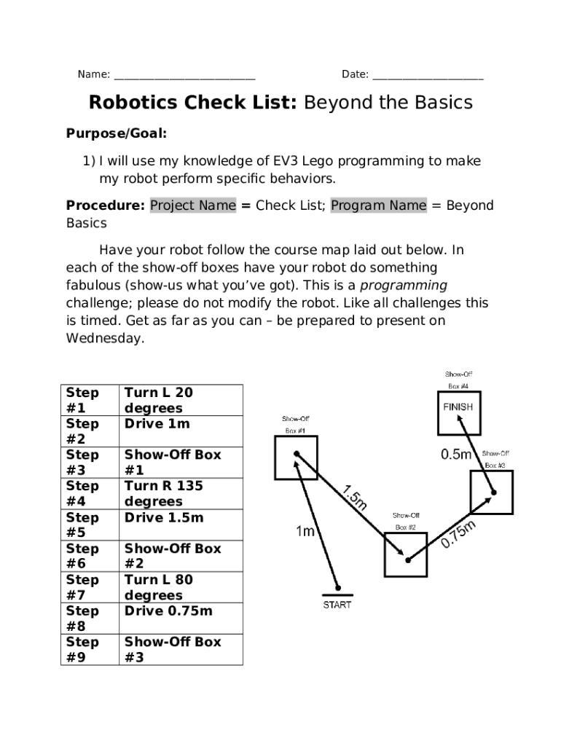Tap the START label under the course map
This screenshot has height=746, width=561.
pyautogui.click(x=337, y=605)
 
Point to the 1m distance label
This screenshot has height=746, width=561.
pyautogui.click(x=305, y=532)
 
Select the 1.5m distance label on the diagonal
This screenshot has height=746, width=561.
pyautogui.click(x=355, y=497)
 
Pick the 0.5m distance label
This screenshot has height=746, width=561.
pyautogui.click(x=457, y=455)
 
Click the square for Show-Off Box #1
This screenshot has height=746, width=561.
pyautogui.click(x=296, y=459)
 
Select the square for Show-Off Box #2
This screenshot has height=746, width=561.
pyautogui.click(x=406, y=555)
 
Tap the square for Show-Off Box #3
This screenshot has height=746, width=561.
pyautogui.click(x=491, y=492)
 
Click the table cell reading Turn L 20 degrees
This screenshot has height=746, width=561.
pyautogui.click(x=180, y=400)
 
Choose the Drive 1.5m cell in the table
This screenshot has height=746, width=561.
pyautogui.click(x=180, y=525)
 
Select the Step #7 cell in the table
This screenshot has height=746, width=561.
pyautogui.click(x=91, y=587)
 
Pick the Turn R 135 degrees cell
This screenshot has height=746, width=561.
pyautogui.click(x=180, y=493)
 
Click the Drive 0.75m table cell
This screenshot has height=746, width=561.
pyautogui.click(x=180, y=619)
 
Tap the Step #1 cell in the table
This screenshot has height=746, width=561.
pyautogui.click(x=91, y=400)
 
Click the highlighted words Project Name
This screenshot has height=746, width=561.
pyautogui.click(x=193, y=205)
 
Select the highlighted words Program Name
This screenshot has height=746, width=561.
pyautogui.click(x=379, y=205)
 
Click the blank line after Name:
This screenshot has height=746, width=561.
pyautogui.click(x=184, y=75)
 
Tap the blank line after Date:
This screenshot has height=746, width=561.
pyautogui.click(x=428, y=75)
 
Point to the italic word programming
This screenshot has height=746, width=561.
pyautogui.click(x=404, y=286)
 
